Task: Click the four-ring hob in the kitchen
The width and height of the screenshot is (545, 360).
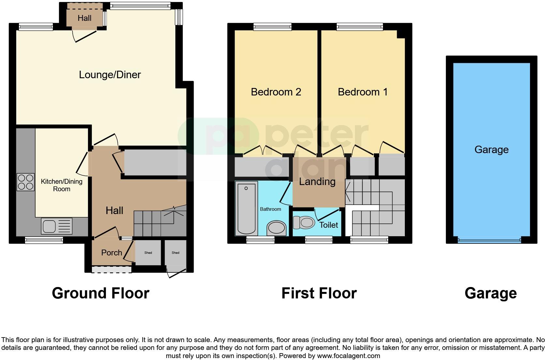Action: tap(25, 182)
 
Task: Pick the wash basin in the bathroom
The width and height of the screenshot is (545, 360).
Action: tap(276, 228)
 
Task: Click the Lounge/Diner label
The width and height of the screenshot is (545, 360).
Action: tap(110, 75)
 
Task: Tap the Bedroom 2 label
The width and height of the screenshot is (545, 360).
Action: tap(276, 92)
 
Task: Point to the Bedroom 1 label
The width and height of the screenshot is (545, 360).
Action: tap(362, 92)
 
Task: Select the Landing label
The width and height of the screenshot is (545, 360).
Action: tap(317, 181)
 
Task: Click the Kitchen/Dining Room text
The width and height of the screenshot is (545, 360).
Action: tap(62, 185)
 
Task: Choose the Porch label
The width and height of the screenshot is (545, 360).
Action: tap(111, 252)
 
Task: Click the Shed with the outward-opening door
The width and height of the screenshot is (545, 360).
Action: tap(175, 253)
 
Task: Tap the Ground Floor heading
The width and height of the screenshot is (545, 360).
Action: tap(100, 293)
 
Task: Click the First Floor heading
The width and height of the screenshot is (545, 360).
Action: tap(319, 293)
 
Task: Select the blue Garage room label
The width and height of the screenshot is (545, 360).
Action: tap(491, 150)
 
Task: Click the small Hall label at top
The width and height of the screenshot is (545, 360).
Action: tap(84, 18)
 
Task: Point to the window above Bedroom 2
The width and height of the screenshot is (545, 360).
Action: tap(272, 27)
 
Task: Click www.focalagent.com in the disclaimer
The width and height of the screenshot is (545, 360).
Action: tap(348, 356)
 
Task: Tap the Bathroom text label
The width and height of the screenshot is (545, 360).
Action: tap(270, 209)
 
